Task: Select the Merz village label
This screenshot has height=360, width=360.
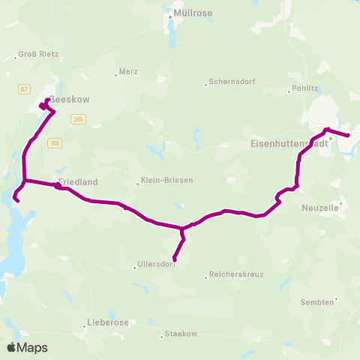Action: [128, 73]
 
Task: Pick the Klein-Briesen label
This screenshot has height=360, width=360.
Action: [164, 181]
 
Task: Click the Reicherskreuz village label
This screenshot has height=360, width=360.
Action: [236, 274]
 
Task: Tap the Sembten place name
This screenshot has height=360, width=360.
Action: [316, 301]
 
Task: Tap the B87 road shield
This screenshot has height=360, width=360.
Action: [24, 89]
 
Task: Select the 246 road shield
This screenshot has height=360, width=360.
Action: [79, 118]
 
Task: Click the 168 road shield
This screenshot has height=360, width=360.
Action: [55, 142]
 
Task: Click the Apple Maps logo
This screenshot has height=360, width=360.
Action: [27, 347]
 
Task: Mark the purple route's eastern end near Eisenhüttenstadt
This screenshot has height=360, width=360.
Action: [348, 136]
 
